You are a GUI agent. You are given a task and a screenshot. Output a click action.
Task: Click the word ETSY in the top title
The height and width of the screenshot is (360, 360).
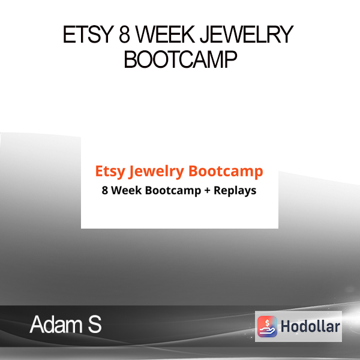pyautogui.click(x=88, y=34)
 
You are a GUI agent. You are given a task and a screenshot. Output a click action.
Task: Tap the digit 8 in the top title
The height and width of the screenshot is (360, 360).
pyautogui.click(x=125, y=34)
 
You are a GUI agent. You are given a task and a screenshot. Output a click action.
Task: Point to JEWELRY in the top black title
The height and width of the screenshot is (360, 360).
pyautogui.click(x=247, y=34)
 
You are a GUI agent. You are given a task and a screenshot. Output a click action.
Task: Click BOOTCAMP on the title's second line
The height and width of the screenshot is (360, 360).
pyautogui.click(x=181, y=59)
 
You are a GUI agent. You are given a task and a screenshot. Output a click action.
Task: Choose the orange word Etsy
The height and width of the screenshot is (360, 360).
pyautogui.click(x=110, y=172)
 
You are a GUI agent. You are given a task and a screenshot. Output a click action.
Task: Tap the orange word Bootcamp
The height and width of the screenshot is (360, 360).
pyautogui.click(x=226, y=171)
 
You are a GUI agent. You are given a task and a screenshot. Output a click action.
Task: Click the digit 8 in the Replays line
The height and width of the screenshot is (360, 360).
pyautogui.click(x=104, y=190)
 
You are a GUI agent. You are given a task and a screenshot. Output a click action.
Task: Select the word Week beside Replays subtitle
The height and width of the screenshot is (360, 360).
pyautogui.click(x=126, y=190)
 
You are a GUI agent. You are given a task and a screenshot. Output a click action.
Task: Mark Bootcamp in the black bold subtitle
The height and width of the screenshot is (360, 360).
pyautogui.click(x=173, y=191)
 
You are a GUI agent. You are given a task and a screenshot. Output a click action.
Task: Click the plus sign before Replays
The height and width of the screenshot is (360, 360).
pyautogui.click(x=208, y=191)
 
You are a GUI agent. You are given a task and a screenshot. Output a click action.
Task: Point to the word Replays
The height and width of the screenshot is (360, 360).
pyautogui.click(x=235, y=191)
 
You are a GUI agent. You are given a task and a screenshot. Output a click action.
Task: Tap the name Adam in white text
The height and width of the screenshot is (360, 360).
pyautogui.click(x=56, y=324)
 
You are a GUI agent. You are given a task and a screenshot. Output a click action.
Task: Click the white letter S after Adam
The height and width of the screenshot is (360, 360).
pyautogui.click(x=95, y=324)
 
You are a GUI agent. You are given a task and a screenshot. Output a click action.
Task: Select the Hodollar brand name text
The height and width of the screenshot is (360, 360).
pyautogui.click(x=310, y=326)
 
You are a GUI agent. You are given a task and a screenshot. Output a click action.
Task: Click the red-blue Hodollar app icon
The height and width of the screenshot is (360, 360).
pyautogui.click(x=267, y=326)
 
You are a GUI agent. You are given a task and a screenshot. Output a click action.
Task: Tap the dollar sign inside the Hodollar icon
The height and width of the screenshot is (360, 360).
pyautogui.click(x=267, y=323)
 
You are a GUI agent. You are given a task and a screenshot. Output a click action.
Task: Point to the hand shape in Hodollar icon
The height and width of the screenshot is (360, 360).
pyautogui.click(x=267, y=331)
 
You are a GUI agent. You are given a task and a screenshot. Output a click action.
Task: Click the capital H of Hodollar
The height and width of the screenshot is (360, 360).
pyautogui.click(x=286, y=326)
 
